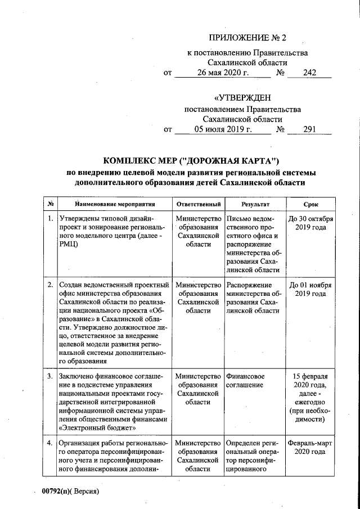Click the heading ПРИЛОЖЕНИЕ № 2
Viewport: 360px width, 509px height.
pos(247,38)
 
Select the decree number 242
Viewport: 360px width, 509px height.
pos(310,73)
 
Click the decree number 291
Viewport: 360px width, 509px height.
pos(310,130)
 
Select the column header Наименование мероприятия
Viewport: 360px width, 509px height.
pos(107,204)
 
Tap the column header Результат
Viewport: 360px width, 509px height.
pos(256,204)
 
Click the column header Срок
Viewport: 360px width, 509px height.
pos(310,204)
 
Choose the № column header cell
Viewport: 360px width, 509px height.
pos(50,204)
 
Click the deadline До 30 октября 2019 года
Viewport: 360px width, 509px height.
pos(310,223)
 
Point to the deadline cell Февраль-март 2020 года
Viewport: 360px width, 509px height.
pos(310,447)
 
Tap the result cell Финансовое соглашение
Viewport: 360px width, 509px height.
pos(246,380)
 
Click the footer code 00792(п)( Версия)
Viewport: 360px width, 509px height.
pos(70,491)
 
